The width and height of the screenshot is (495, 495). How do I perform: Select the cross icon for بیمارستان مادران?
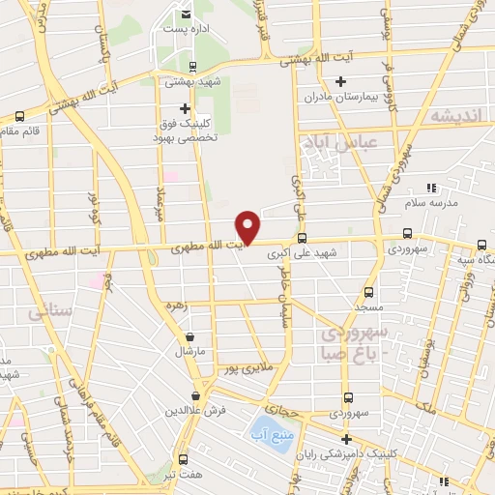pyautogui.click(x=338, y=81)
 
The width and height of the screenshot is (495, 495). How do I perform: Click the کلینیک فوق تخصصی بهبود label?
pyautogui.click(x=186, y=131)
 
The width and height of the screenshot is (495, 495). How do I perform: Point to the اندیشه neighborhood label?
pyautogui.click(x=453, y=116)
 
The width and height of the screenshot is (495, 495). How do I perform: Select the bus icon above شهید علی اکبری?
pyautogui.click(x=302, y=238)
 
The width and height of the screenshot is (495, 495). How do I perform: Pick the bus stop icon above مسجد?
pyautogui.click(x=368, y=291)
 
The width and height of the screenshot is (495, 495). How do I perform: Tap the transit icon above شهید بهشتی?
pyautogui.click(x=193, y=66)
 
